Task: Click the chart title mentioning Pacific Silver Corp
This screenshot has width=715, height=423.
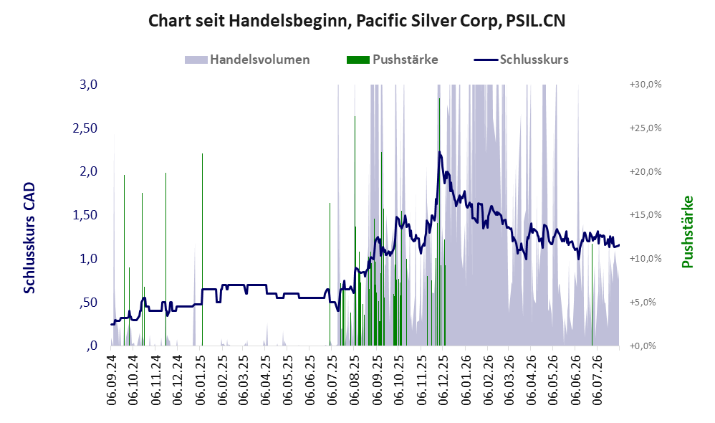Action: click(357, 21)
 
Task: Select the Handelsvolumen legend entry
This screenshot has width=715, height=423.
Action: click(247, 60)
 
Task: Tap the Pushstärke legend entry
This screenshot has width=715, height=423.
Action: click(392, 60)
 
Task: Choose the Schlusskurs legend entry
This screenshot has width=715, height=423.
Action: click(521, 60)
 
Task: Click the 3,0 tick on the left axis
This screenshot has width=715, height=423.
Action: click(88, 85)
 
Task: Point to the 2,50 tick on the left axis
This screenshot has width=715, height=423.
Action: click(85, 128)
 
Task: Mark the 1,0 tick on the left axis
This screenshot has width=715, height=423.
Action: click(88, 259)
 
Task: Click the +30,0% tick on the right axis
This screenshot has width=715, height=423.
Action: click(646, 85)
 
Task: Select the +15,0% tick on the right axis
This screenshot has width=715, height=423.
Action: click(646, 215)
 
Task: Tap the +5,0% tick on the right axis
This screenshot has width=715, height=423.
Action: click(643, 302)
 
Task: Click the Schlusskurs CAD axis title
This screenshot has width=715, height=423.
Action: click(29, 238)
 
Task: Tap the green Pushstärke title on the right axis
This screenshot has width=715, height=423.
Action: click(687, 232)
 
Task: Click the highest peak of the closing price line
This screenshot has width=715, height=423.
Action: click(439, 151)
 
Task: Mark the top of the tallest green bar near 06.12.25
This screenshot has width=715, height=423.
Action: click(439, 98)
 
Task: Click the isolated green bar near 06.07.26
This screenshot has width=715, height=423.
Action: click(592, 295)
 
